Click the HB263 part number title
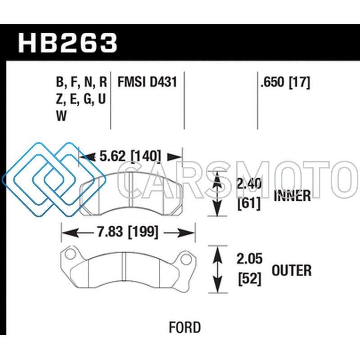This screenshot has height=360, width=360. point(68,43)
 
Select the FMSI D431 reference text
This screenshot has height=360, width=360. point(147,82)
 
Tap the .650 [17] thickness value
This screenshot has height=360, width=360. point(285,82)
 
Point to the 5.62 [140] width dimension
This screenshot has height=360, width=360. point(130,156)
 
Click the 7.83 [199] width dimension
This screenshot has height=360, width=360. point(128,231)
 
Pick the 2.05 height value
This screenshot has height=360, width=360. point(249,259)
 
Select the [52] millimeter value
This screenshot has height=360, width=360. point(250,279)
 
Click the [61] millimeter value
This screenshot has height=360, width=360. point(249,203)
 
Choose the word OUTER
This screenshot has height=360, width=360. point(292,270)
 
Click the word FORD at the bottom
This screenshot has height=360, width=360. point(185,328)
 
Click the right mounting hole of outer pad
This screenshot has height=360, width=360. point(186,259)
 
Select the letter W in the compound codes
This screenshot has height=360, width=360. point(61,116)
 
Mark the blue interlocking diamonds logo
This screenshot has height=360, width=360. point(54,180)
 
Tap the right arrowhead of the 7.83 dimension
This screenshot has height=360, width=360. point(187,233)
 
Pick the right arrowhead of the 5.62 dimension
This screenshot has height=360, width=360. point(175,157)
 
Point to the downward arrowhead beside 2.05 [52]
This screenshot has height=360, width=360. point(217,285)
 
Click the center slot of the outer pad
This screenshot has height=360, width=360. point(124,266)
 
